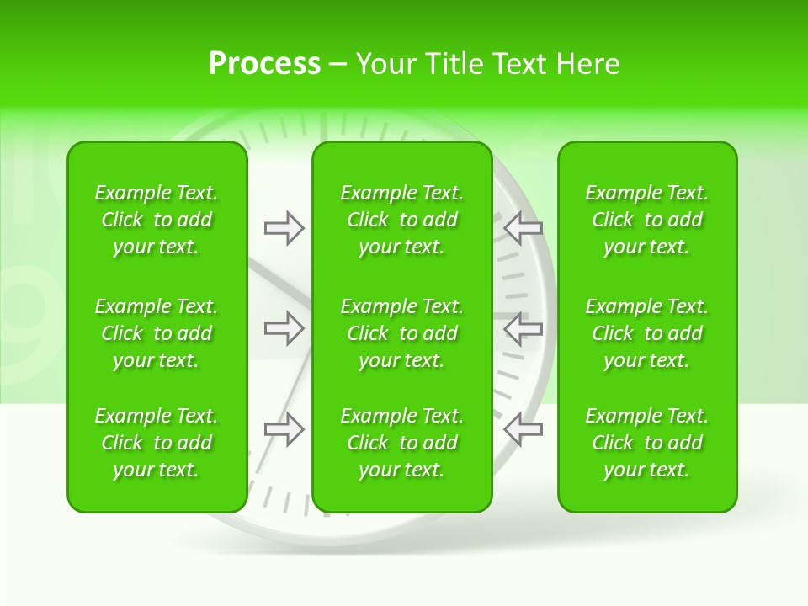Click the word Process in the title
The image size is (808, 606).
[264, 64]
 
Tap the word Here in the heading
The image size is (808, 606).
[587, 64]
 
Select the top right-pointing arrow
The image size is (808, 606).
[284, 228]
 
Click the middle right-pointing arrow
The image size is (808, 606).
[284, 328]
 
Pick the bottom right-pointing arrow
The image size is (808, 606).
[284, 429]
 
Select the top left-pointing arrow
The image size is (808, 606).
[523, 228]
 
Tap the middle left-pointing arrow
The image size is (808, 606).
[523, 328]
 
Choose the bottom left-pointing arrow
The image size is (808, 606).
[523, 429]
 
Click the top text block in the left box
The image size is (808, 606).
[157, 220]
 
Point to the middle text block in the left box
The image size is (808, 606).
[157, 333]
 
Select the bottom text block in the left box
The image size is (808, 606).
[157, 443]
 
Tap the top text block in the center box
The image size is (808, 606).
[402, 220]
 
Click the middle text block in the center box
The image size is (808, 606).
[402, 333]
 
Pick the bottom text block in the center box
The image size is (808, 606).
[402, 443]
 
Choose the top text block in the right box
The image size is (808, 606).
[647, 220]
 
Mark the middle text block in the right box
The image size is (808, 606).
[647, 333]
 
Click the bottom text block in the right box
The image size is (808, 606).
[647, 443]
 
